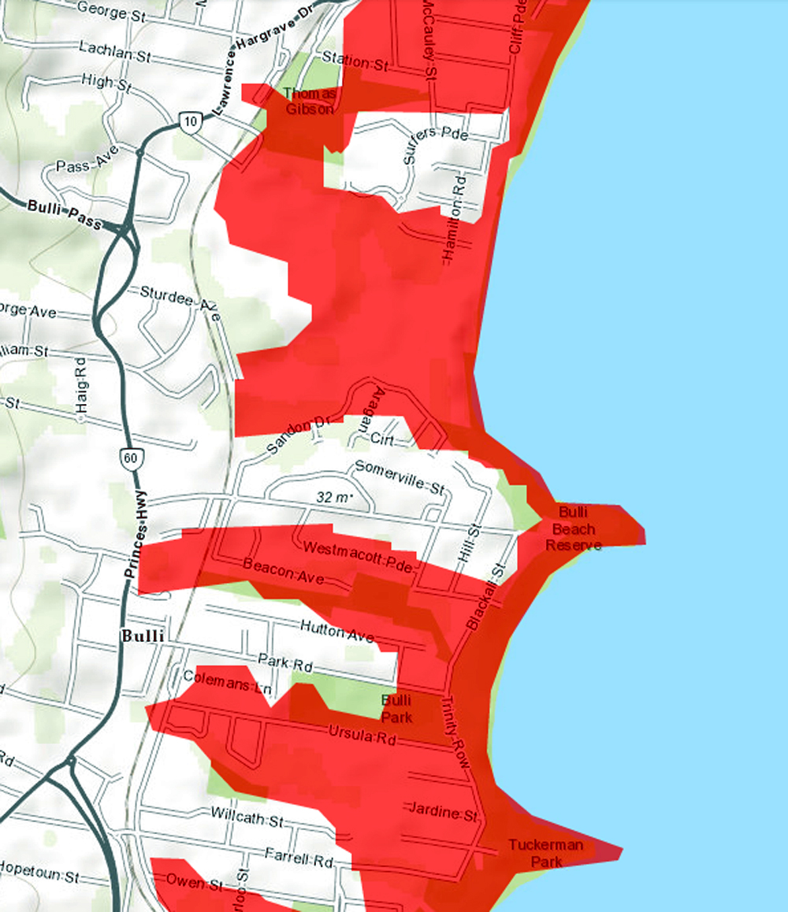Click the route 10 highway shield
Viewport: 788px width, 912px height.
(x=190, y=121)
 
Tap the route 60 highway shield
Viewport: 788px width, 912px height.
(x=128, y=457)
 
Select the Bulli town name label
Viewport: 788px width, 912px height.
(x=143, y=636)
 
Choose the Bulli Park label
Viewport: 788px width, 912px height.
(x=396, y=708)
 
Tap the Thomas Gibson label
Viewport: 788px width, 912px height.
(x=309, y=102)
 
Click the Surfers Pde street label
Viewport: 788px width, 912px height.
(x=436, y=144)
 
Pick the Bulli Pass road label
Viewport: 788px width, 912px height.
(x=65, y=215)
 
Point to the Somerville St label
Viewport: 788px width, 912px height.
(x=400, y=478)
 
